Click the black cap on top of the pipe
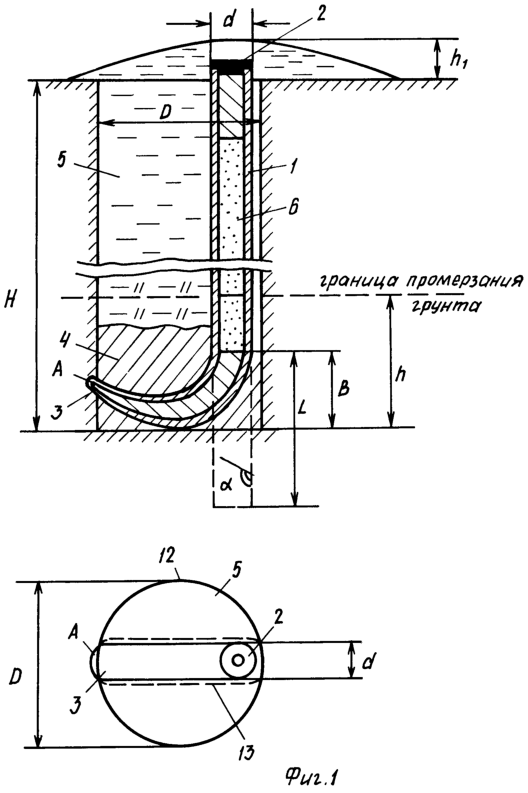[231, 64]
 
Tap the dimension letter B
[344, 388]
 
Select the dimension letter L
[302, 408]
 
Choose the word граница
[358, 281]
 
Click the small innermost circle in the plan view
[238, 660]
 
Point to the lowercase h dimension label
[401, 374]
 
